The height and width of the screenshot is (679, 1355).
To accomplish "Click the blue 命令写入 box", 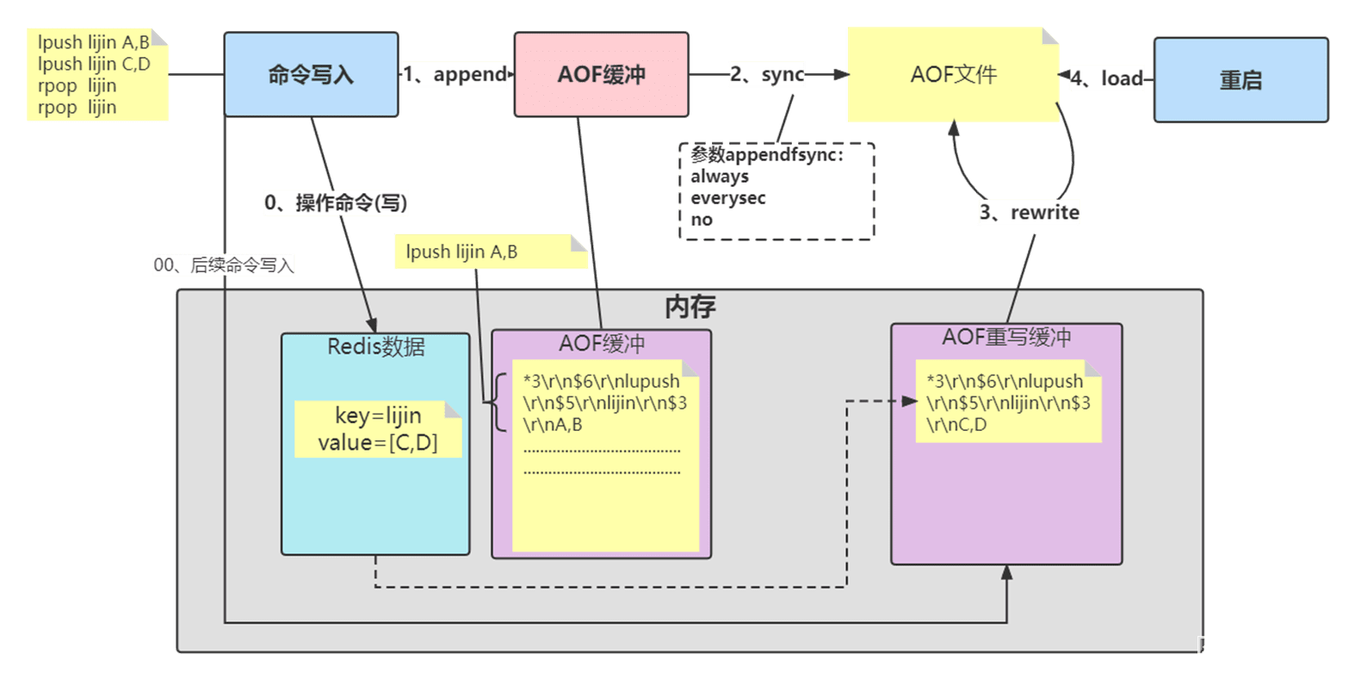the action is (x=311, y=74).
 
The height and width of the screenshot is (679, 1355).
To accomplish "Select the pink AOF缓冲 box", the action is (x=601, y=74).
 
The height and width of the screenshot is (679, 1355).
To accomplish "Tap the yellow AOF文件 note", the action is (x=953, y=74).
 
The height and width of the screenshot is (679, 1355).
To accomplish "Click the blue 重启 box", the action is (x=1241, y=79).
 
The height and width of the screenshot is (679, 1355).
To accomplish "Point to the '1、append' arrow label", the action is (x=455, y=74).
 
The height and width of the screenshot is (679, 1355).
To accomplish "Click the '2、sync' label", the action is (x=766, y=74).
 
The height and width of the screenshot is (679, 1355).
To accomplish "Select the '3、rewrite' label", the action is (x=1029, y=212).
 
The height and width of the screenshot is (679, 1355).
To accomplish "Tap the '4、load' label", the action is (x=1106, y=78).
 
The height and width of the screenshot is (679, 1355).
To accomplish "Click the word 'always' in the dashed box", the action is (x=719, y=177).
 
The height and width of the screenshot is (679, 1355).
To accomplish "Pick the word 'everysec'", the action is (x=727, y=198).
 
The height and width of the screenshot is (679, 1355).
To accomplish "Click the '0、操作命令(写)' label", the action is (x=336, y=202).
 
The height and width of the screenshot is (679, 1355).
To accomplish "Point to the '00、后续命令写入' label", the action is (x=223, y=265).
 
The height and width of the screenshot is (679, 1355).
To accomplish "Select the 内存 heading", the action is (x=690, y=307).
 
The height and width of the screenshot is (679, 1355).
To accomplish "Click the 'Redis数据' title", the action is (x=375, y=346).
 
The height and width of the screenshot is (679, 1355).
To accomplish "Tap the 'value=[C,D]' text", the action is (x=377, y=443).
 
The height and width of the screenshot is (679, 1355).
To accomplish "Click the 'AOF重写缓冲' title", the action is (x=1006, y=337).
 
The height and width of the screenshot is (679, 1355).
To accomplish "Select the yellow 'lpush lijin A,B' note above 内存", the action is (x=491, y=252).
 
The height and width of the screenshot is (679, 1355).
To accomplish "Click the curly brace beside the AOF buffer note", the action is (x=499, y=402).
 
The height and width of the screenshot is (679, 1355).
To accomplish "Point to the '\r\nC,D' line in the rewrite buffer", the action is (x=956, y=425).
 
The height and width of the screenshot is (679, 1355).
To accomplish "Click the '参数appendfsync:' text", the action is (x=767, y=154).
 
